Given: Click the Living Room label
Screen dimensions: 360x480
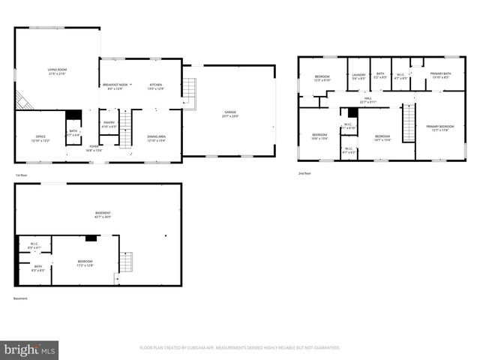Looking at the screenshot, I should pyautogui.click(x=56, y=70).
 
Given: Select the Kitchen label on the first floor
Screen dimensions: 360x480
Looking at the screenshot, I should pyautogui.click(x=155, y=85).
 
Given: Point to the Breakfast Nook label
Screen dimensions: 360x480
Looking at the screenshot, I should pyautogui.click(x=115, y=85).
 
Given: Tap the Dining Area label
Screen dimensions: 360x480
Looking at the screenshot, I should pyautogui.click(x=157, y=138).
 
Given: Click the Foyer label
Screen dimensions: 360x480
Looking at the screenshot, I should pyautogui.click(x=94, y=148).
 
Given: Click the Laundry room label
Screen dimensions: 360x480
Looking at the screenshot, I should pyautogui.click(x=356, y=76).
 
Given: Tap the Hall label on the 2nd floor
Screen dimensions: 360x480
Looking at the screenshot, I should pyautogui.click(x=367, y=100).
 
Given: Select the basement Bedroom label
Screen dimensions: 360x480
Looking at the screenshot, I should pyautogui.click(x=84, y=262).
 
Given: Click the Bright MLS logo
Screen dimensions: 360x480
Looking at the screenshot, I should pyautogui.click(x=30, y=349).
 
